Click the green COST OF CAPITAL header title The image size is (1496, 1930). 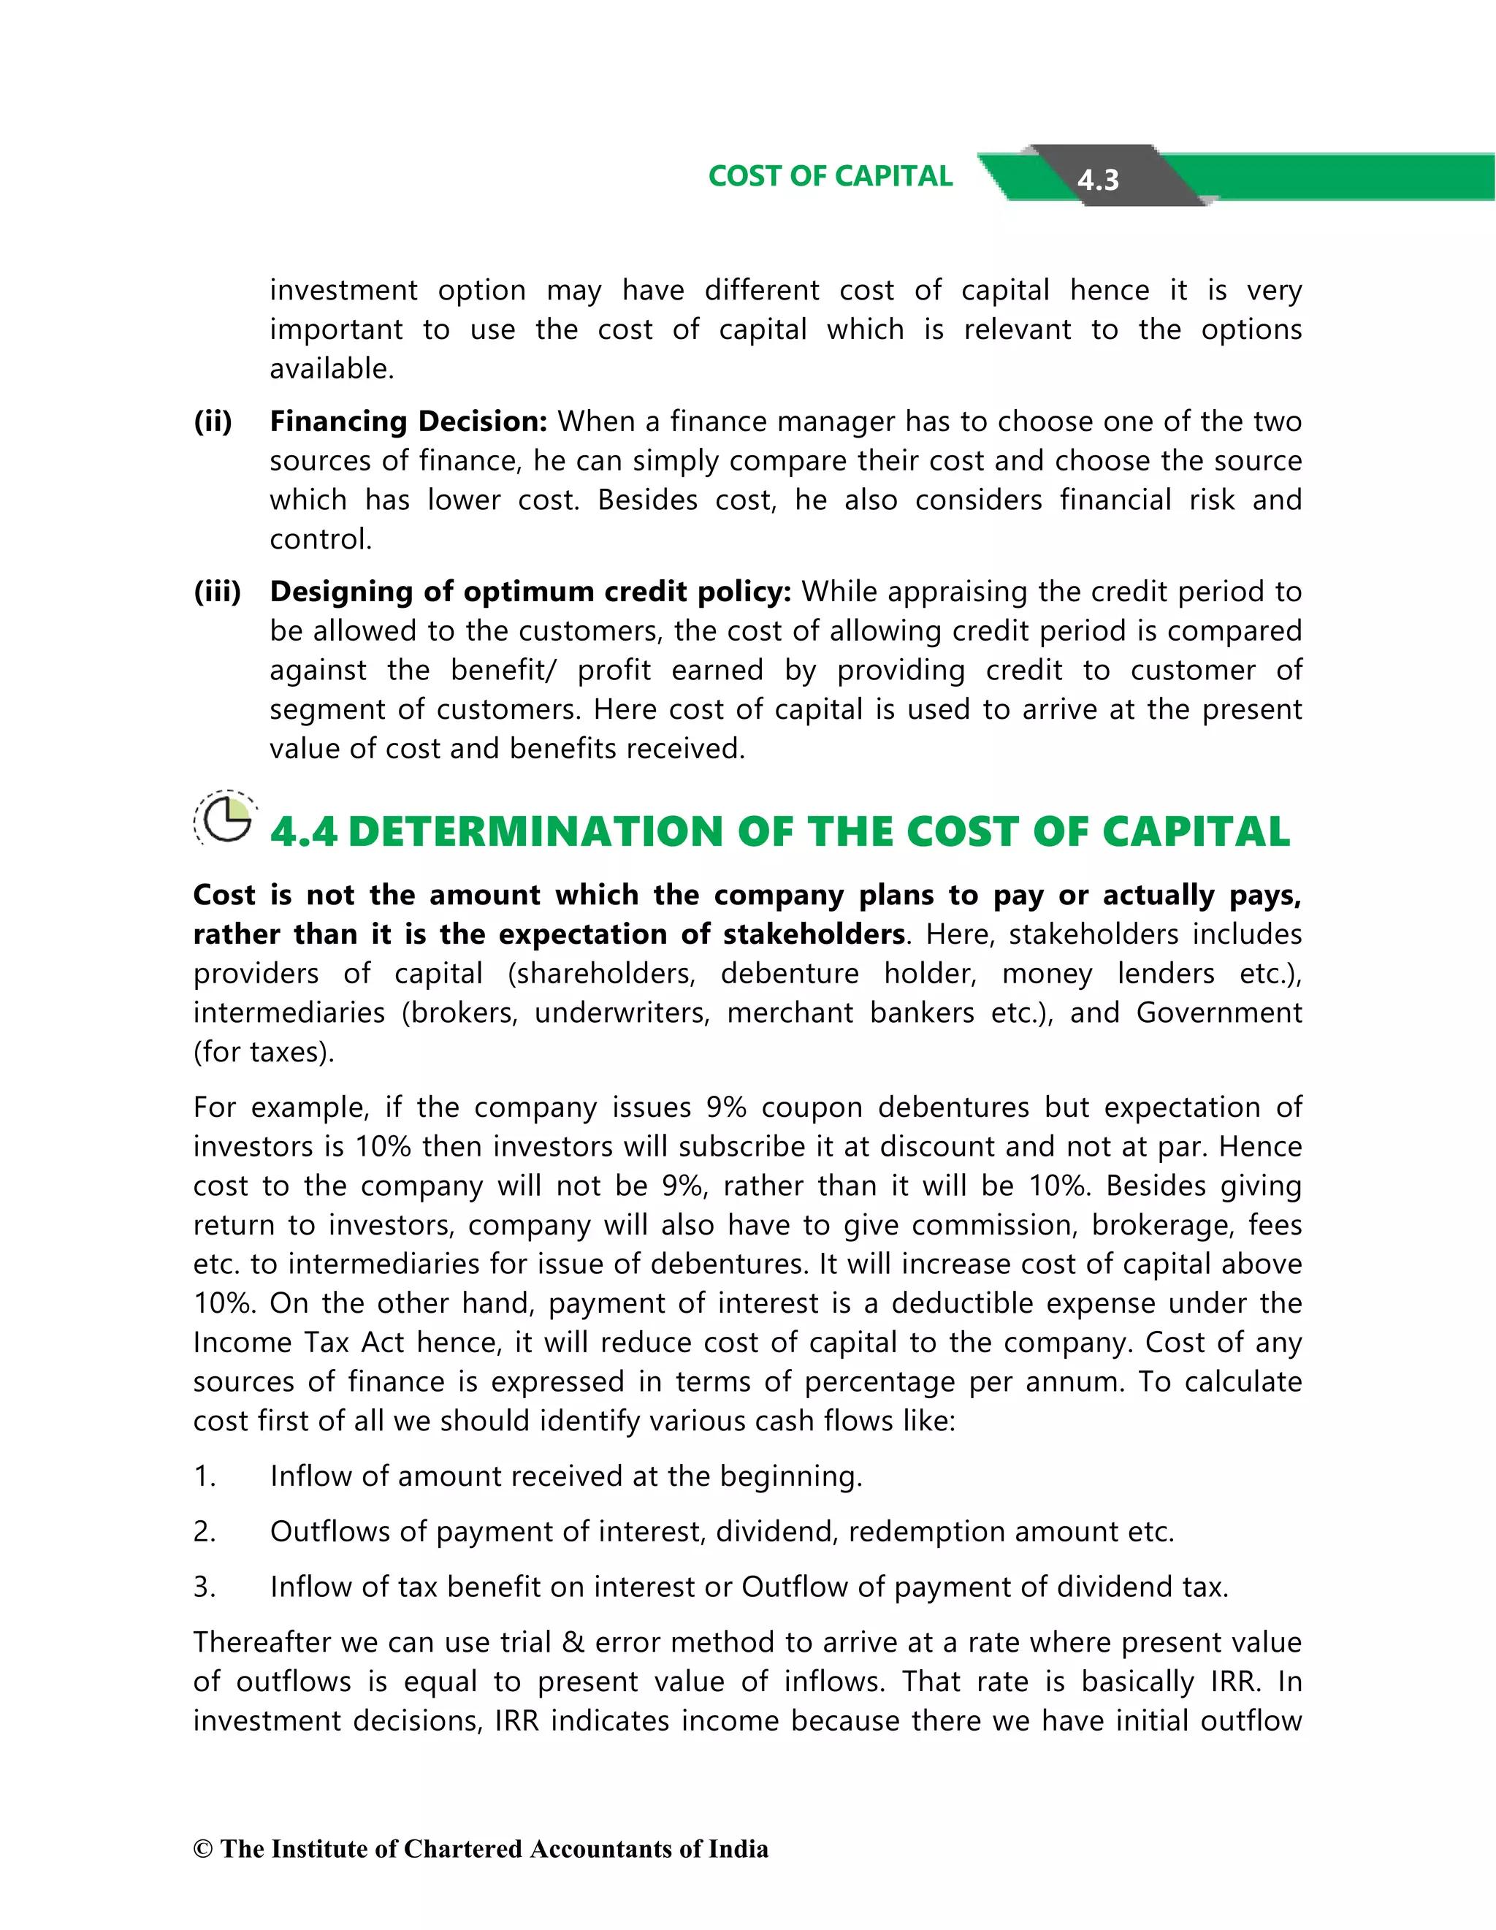point(830,176)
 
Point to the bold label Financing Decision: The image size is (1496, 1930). point(408,422)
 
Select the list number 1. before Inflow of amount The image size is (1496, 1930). point(204,1476)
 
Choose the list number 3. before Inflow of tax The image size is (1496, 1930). point(204,1587)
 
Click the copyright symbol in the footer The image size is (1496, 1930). point(203,1850)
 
